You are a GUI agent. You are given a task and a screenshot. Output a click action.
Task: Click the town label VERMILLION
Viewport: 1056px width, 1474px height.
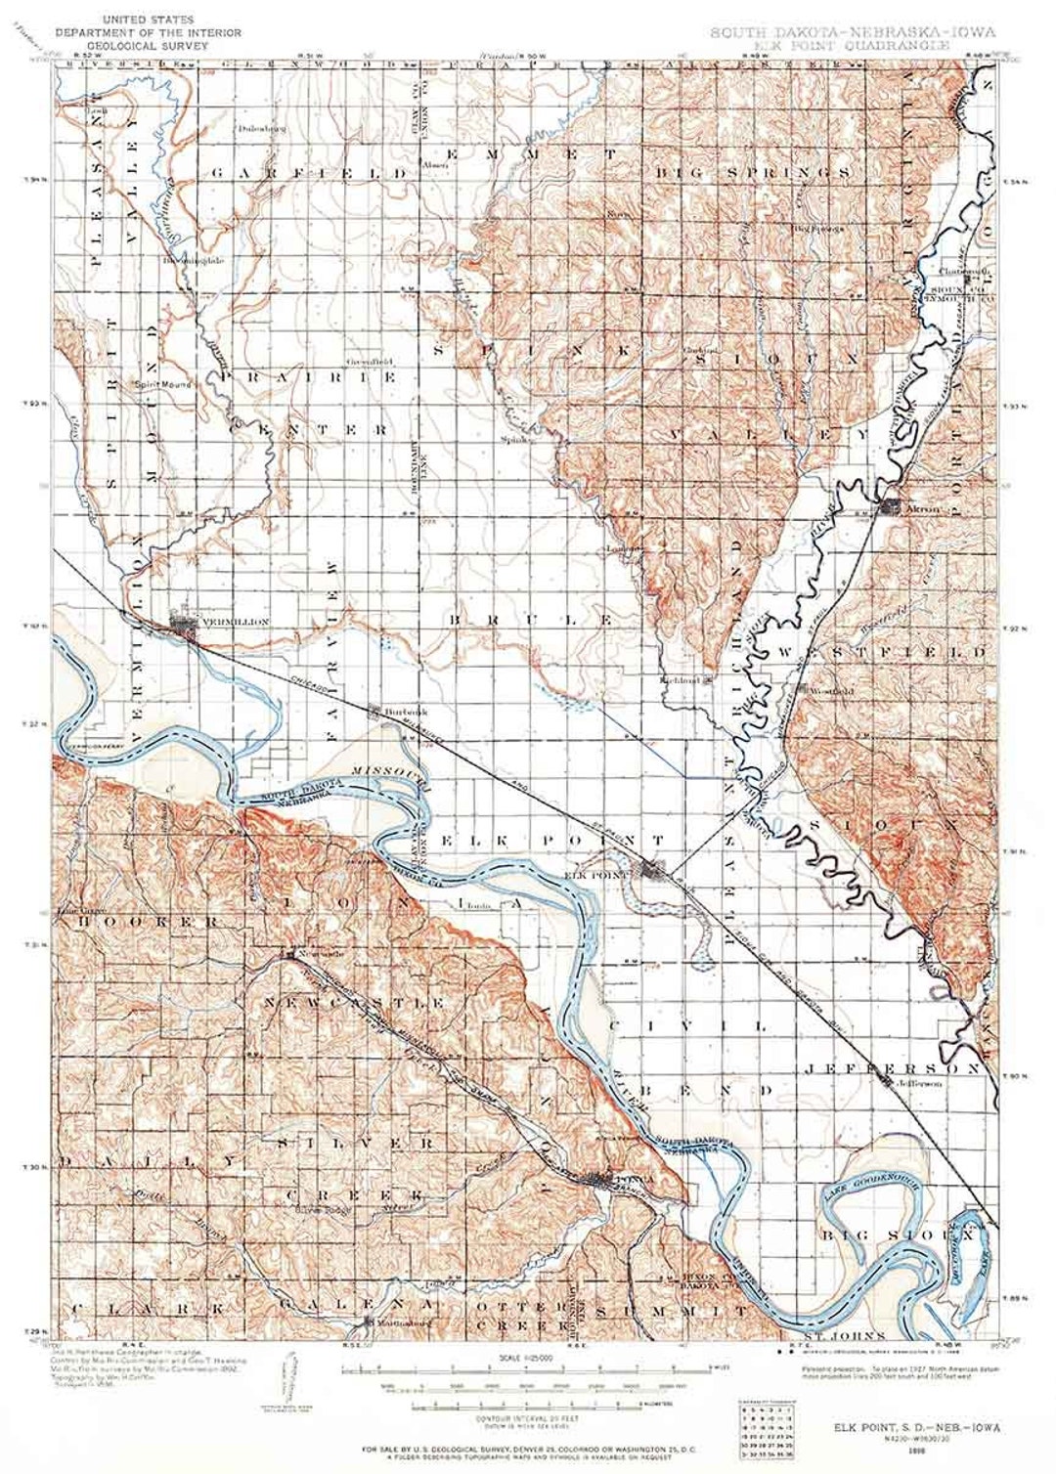[233, 622]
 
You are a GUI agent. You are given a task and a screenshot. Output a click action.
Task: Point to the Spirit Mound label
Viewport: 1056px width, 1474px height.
[162, 384]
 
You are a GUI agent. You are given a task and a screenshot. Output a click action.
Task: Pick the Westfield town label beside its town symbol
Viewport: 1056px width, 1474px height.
[832, 690]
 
